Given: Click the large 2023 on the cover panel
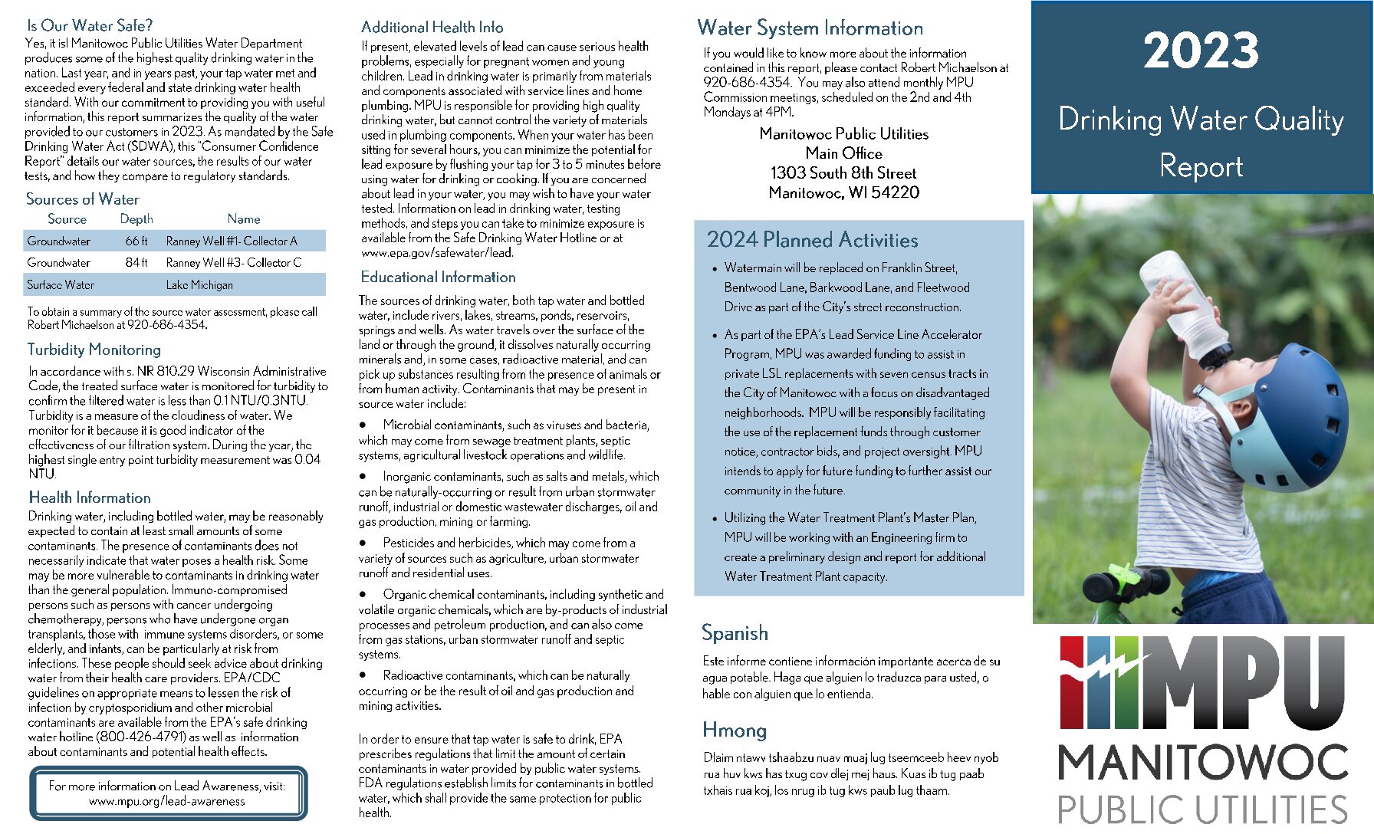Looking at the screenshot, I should [1201, 51].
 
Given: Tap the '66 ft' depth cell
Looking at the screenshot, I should [136, 241].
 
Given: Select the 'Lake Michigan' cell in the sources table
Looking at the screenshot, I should [199, 284].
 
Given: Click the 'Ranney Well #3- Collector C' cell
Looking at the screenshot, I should [234, 262].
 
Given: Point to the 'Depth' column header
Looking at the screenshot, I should [136, 218].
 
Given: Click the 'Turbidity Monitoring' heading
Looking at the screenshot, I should [94, 350].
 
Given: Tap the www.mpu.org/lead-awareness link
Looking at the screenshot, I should [167, 801].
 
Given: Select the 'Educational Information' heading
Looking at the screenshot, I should [438, 277].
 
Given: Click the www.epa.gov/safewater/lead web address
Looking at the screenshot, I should [437, 252].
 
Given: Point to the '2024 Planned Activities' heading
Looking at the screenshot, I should [812, 240].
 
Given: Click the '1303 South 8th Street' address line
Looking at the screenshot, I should [843, 172].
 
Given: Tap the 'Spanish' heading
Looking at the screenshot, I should [735, 632].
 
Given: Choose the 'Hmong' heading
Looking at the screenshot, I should [735, 730].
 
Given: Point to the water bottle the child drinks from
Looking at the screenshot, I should [1181, 307].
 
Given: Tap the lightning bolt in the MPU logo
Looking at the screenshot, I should [1104, 667].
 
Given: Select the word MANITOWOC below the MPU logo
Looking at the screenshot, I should [1202, 763].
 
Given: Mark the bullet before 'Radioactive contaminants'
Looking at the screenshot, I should [363, 675].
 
